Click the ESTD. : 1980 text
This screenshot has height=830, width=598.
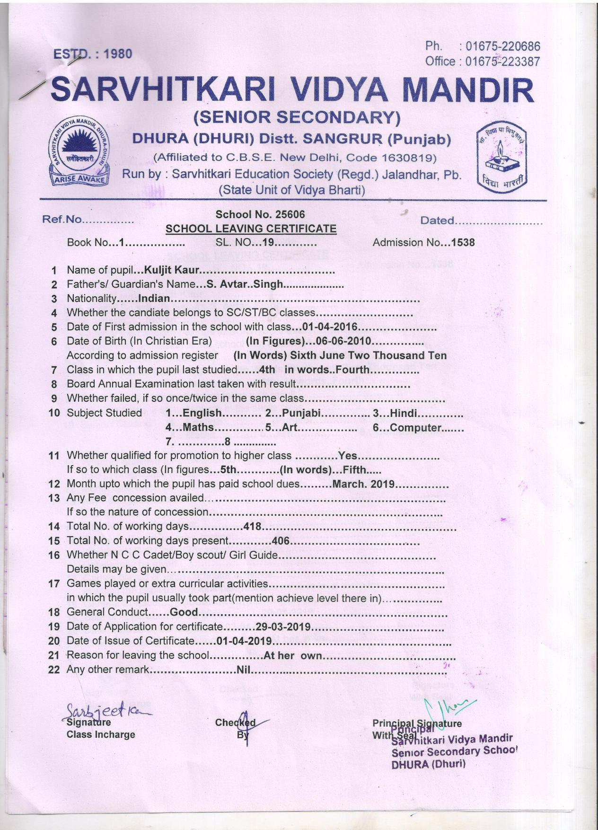pyautogui.click(x=93, y=54)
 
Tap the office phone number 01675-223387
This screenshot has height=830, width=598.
pyautogui.click(x=502, y=62)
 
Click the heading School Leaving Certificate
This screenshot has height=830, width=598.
pyautogui.click(x=251, y=229)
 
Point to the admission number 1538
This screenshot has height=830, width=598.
pyautogui.click(x=463, y=242)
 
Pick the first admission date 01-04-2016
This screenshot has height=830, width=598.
pyautogui.click(x=330, y=327)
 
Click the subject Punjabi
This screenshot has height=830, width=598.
pyautogui.click(x=301, y=413)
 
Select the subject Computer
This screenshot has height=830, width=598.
pyautogui.click(x=416, y=428)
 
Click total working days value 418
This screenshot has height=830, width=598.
pyautogui.click(x=252, y=526)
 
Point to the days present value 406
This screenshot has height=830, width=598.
pyautogui.click(x=280, y=540)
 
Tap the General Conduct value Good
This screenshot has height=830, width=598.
pyautogui.click(x=184, y=612)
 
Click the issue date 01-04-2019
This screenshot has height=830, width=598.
pyautogui.click(x=244, y=641)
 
